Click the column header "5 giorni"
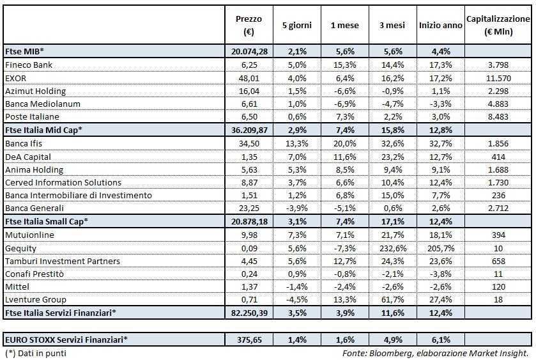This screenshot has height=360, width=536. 297,26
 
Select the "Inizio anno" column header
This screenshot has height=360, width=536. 440,26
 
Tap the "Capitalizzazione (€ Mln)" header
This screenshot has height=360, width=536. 498,26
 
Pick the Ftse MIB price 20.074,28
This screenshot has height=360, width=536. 249,51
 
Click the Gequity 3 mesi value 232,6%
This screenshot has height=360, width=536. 392,248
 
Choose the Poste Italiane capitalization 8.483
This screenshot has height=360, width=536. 498,117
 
